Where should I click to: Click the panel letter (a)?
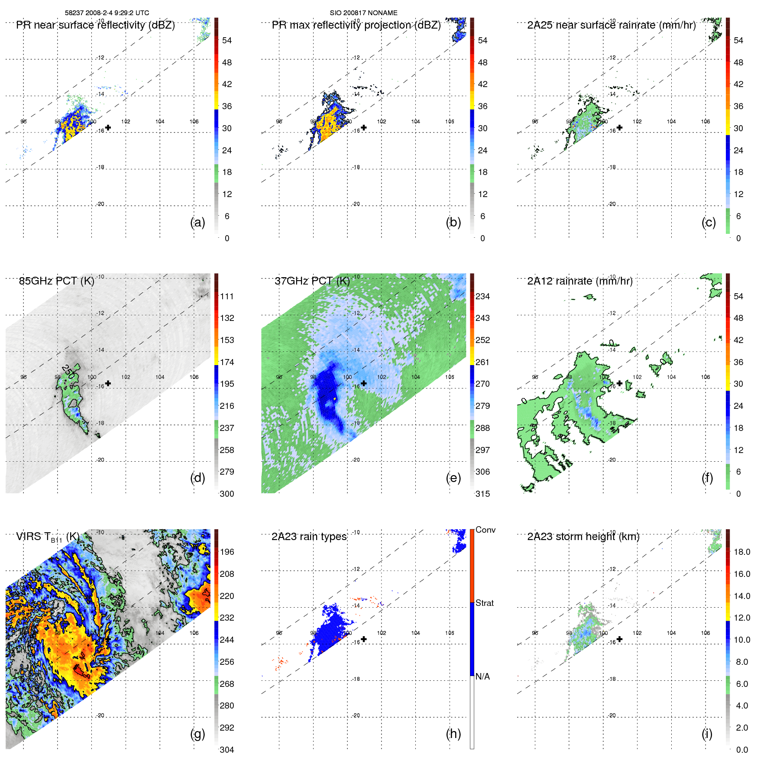coord(197,223)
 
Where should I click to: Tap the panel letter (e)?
coord(453,478)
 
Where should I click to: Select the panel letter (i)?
coord(707,734)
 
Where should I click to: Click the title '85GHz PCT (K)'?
coord(56,281)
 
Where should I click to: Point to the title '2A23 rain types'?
coord(309,537)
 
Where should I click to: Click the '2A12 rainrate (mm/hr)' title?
coord(579,281)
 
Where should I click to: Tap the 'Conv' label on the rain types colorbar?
coord(485,530)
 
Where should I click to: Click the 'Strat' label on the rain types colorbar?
coord(485,603)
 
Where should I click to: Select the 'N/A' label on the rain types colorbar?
coord(482,676)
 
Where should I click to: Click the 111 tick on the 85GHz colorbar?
coord(227,296)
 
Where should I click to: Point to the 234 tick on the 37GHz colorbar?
coord(482,296)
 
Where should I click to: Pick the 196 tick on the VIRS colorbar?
coord(227,552)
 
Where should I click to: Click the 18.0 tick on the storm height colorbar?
coord(741,552)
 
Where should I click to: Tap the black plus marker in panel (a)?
coord(108,127)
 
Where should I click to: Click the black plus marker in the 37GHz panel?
coord(364,383)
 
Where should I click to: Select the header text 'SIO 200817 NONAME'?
coord(363,13)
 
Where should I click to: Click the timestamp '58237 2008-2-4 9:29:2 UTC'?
coord(107,13)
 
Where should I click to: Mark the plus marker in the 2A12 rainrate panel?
coord(619,383)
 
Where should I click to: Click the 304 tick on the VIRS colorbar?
coord(227,750)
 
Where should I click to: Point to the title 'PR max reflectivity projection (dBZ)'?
coord(356,25)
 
